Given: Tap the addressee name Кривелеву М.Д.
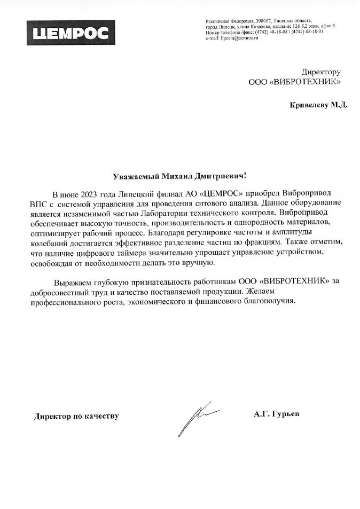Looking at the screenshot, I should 318,105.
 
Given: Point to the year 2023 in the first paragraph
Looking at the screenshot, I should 92,193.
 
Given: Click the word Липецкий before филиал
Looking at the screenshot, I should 130,193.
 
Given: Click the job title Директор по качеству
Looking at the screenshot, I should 76,416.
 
